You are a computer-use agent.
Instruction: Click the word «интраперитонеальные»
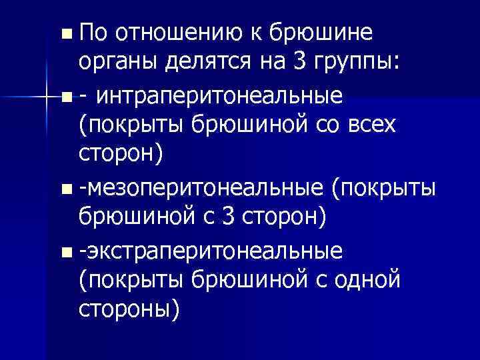coord(221,97)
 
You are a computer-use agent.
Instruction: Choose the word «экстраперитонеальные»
coord(212,251)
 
